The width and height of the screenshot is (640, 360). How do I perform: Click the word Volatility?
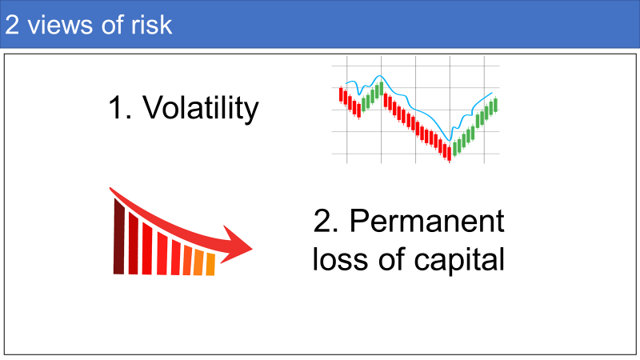click(201, 108)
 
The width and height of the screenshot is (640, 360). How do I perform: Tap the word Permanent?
click(427, 221)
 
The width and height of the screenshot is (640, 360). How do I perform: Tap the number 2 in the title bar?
click(12, 25)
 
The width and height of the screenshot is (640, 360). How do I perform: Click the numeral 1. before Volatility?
click(120, 108)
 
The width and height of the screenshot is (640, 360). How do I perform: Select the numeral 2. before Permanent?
click(326, 221)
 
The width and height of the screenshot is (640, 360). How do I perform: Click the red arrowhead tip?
click(252, 248)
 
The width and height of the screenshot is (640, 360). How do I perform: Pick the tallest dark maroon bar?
click(118, 236)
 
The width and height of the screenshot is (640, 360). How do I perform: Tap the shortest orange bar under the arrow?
click(210, 265)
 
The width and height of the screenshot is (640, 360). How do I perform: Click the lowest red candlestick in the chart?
click(450, 154)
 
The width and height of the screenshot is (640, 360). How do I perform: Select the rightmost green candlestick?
click(495, 105)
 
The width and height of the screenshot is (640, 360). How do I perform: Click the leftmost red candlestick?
click(341, 94)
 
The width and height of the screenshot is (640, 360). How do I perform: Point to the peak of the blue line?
click(380, 76)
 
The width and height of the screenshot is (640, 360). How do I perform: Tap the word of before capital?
click(391, 259)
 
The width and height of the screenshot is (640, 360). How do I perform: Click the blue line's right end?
click(492, 93)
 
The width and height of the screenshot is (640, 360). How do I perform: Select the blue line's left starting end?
click(346, 84)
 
